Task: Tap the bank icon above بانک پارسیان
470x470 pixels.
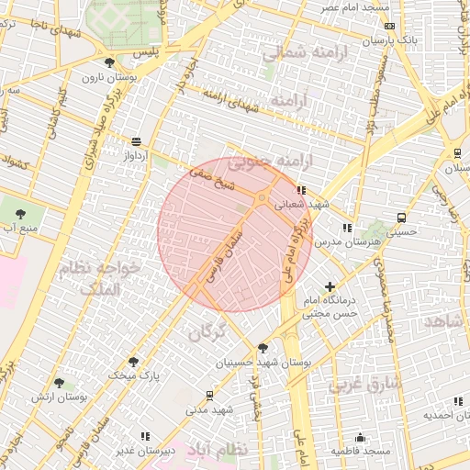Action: (x=386, y=28)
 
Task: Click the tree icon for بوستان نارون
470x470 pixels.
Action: (x=110, y=62)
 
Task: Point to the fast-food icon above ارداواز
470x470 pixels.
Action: (x=137, y=141)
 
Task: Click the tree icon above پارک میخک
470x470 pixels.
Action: (x=134, y=362)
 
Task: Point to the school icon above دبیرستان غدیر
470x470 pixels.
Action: (x=144, y=436)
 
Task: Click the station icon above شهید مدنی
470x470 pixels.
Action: (x=210, y=395)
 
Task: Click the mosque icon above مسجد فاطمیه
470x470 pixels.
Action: (x=361, y=437)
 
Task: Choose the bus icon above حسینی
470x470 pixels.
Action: (x=401, y=218)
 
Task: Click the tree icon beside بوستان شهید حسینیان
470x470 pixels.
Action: (x=263, y=348)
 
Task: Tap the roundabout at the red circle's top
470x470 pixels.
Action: (x=262, y=198)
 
